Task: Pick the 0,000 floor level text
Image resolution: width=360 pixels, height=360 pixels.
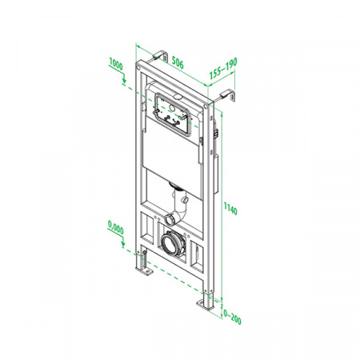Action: pyautogui.click(x=116, y=227)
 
